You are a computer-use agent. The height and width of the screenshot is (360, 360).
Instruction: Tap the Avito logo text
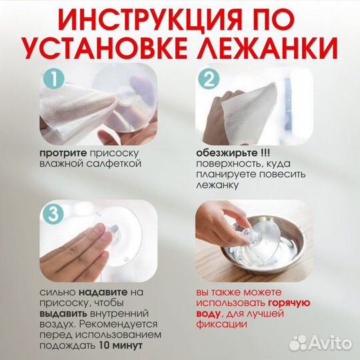(328, 344)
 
